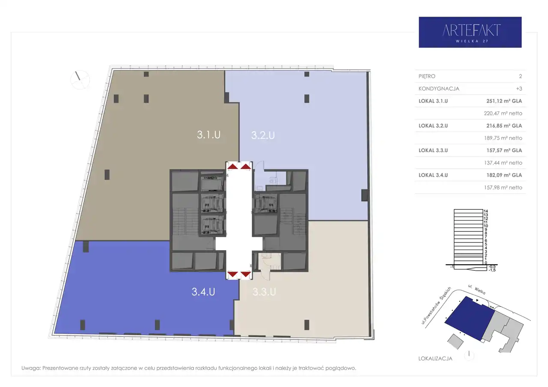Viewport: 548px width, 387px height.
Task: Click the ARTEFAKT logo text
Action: pyautogui.click(x=471, y=30)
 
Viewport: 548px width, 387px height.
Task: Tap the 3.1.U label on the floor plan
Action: pyautogui.click(x=208, y=135)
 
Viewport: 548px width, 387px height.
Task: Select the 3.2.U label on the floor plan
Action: pyautogui.click(x=263, y=135)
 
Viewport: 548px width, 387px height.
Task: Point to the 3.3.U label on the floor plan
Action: pyautogui.click(x=264, y=292)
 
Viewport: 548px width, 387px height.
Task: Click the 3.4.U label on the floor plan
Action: pyautogui.click(x=203, y=292)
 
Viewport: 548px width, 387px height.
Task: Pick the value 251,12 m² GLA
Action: pyautogui.click(x=504, y=101)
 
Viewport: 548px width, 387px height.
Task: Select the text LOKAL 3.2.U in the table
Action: pyautogui.click(x=433, y=126)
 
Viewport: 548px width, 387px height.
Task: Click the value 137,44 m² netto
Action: pyautogui.click(x=503, y=163)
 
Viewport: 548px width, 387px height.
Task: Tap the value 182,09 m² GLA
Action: pyautogui.click(x=504, y=175)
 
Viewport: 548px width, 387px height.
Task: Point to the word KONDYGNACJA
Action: pyautogui.click(x=439, y=89)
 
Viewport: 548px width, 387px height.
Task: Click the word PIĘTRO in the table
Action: pyautogui.click(x=427, y=76)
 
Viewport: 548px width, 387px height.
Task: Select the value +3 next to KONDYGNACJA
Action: pyautogui.click(x=519, y=89)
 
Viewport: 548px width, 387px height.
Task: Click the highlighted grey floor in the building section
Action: pyautogui.click(x=468, y=255)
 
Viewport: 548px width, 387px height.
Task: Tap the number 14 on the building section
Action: pyautogui.click(x=485, y=211)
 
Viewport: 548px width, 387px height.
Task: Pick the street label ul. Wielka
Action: pyautogui.click(x=477, y=289)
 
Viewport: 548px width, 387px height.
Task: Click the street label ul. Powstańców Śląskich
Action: pyautogui.click(x=436, y=306)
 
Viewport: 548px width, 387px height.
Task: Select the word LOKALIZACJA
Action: pyautogui.click(x=435, y=358)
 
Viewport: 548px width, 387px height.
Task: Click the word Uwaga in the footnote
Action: pyautogui.click(x=31, y=368)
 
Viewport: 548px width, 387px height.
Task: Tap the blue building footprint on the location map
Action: pyautogui.click(x=470, y=318)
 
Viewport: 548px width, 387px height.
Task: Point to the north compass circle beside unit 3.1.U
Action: pyautogui.click(x=80, y=80)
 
